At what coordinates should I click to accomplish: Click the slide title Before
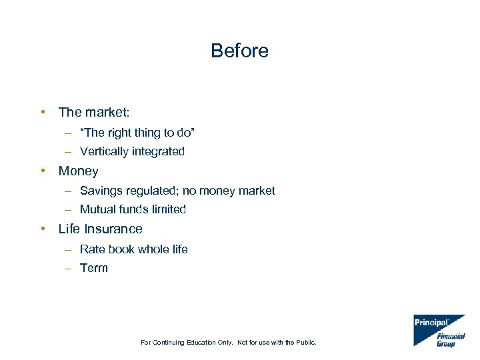click(239, 51)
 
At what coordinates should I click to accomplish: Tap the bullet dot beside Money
click(42, 171)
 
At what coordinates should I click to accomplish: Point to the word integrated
click(158, 151)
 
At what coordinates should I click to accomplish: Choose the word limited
click(169, 209)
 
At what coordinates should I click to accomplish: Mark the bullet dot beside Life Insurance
click(42, 229)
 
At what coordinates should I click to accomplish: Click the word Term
click(94, 268)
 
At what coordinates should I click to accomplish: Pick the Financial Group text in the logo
click(450, 340)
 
